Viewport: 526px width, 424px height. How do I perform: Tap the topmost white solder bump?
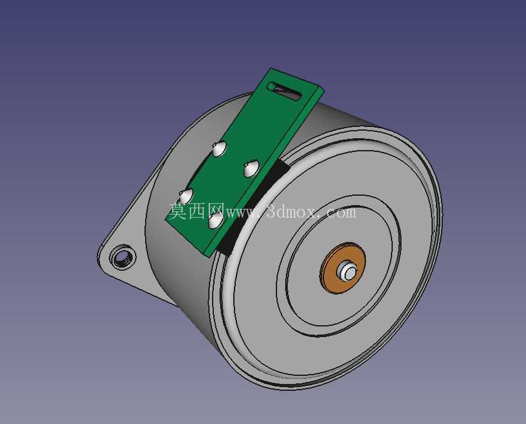(x=220, y=148)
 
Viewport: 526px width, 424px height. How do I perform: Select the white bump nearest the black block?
(x=251, y=168)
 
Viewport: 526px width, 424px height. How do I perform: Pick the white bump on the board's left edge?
(x=186, y=196)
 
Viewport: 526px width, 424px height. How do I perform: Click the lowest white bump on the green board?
(x=215, y=221)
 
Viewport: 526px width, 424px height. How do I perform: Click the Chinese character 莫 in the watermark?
(x=178, y=211)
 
